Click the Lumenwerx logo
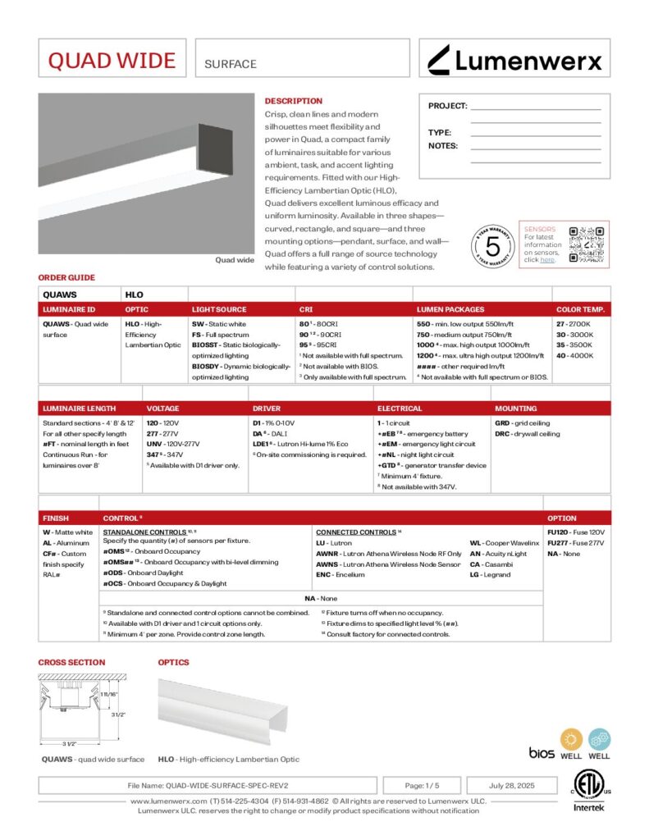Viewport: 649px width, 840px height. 515,59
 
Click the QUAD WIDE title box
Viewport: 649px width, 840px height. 112,60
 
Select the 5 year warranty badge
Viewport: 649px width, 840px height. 493,244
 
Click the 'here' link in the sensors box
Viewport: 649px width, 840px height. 547,260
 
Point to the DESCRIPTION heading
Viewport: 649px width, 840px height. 293,101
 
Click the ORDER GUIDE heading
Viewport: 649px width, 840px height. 66,277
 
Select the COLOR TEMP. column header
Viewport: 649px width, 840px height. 581,309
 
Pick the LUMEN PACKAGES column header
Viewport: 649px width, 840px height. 450,309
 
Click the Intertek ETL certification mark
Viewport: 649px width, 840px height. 587,790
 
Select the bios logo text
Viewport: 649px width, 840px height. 542,752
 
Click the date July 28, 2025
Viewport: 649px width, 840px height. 512,785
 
